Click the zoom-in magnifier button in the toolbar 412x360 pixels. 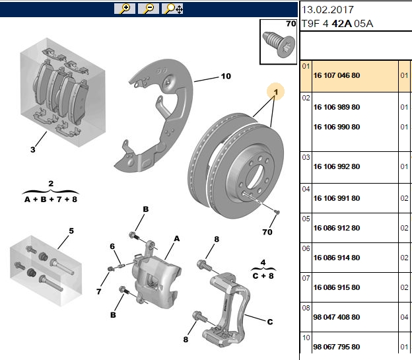(x=125, y=9)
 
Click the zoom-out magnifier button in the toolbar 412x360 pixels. (x=149, y=9)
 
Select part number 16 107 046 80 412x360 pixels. (x=337, y=75)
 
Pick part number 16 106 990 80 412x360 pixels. (x=337, y=127)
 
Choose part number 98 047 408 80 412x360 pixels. (x=337, y=317)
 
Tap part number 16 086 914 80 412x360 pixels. (x=337, y=258)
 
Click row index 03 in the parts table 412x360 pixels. (x=306, y=157)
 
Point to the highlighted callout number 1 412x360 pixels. (x=275, y=92)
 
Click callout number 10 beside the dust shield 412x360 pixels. (x=226, y=76)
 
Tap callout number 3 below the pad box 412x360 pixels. (x=32, y=150)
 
